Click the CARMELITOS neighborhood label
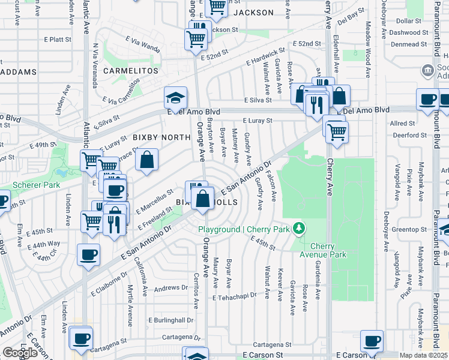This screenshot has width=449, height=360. tap(130, 71)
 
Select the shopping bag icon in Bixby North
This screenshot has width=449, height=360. tap(146, 160)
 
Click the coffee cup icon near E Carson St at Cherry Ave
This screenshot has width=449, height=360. tap(372, 341)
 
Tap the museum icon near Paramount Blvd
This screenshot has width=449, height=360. tap(427, 70)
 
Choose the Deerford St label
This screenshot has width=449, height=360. tap(411, 135)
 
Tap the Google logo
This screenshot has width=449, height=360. tap(20, 353)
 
